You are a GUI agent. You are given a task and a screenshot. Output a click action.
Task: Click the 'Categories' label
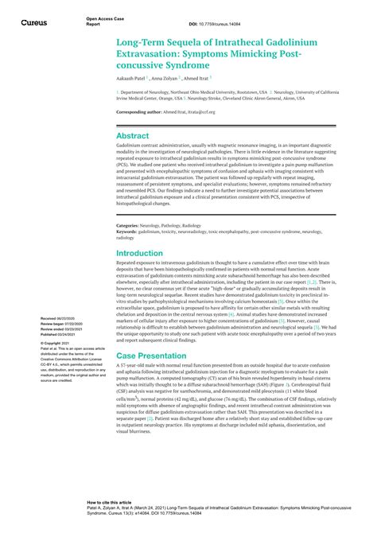point(129,227)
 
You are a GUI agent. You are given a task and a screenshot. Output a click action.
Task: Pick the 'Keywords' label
point(128,232)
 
